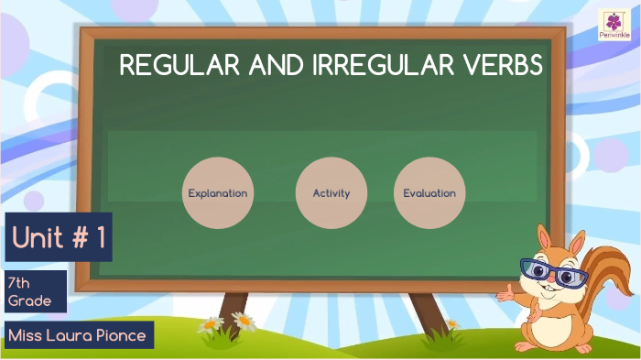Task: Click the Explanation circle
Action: [217, 192]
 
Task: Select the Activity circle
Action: [331, 192]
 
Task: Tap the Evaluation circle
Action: [429, 192]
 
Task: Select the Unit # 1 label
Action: [59, 238]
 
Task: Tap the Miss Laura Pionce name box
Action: [77, 335]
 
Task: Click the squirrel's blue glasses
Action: [552, 272]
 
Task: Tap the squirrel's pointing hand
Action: [505, 292]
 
